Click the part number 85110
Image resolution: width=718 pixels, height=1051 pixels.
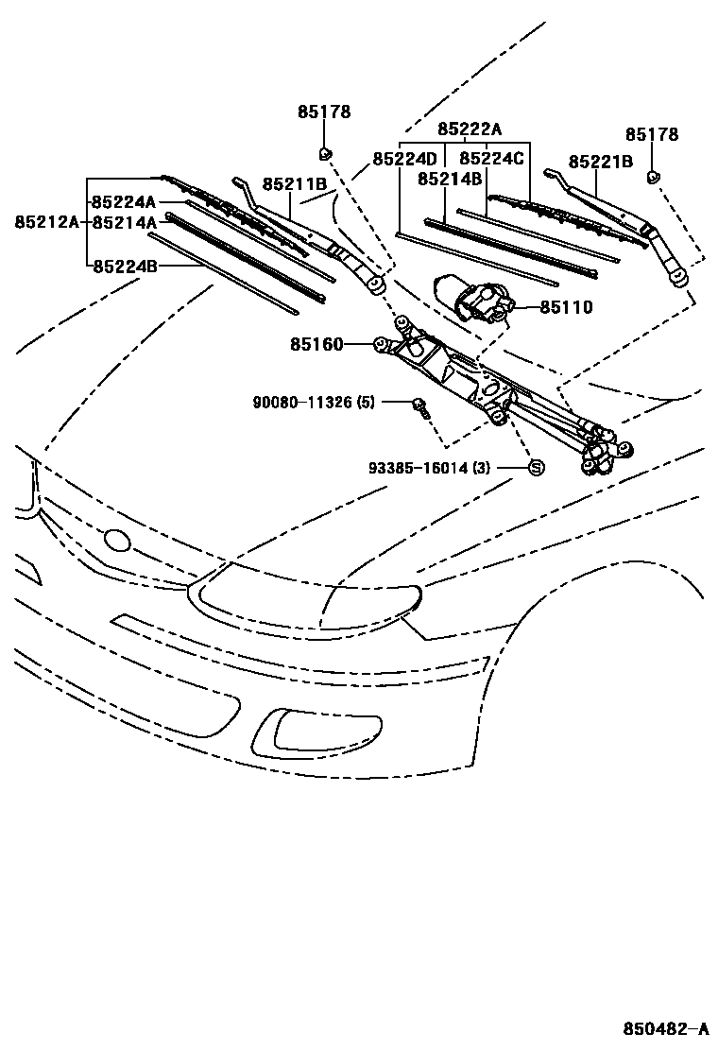pos(567,307)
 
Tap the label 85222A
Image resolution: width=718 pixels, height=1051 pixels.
pos(469,130)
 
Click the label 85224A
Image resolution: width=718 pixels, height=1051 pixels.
pos(124,202)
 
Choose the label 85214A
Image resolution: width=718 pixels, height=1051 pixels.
pos(124,222)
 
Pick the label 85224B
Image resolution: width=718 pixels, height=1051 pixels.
pos(124,266)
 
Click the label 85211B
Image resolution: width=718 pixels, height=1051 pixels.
pos(295,183)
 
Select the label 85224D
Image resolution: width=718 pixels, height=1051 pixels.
pos(404,159)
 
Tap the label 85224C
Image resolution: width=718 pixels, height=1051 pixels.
pos(491,159)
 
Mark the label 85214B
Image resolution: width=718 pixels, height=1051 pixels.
pos(450,179)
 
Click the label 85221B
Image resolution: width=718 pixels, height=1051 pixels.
pos(601,162)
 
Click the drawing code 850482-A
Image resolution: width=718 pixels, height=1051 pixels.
pos(665,1028)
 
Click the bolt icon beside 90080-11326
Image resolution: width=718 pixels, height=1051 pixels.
pos(419,407)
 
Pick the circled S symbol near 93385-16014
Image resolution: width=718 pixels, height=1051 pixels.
pos(534,467)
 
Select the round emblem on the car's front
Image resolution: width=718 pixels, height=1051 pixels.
pos(117,540)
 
